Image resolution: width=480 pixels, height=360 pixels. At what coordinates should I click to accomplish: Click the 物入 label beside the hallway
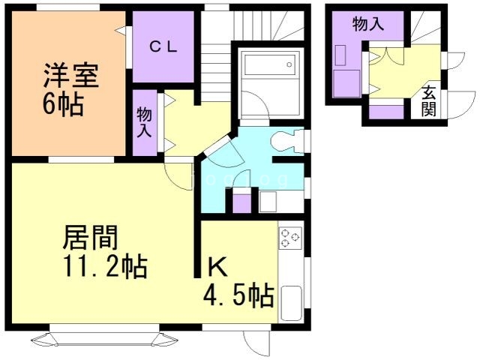click(145, 122)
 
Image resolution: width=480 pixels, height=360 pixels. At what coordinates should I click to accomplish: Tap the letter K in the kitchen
click(217, 266)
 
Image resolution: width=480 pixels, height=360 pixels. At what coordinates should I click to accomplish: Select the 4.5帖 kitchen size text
click(237, 295)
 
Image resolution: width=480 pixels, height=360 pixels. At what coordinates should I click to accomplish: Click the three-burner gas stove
click(290, 238)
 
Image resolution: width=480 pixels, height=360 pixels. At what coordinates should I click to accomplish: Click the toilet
click(286, 139)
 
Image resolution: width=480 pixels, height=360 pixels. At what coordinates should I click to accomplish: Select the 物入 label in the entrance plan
click(368, 23)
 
